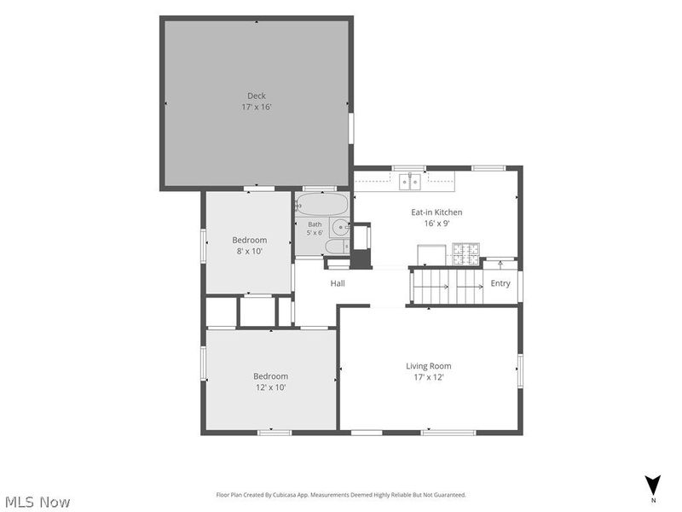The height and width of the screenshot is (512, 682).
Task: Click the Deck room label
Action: point(257,96)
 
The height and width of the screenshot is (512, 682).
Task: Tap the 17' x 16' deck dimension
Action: point(257,108)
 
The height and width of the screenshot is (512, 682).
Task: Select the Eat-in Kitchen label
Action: point(436,212)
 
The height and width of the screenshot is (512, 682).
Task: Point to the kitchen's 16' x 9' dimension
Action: point(436,224)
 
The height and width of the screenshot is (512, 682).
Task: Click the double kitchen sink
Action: point(410,182)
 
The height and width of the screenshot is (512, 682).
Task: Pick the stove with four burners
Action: point(465,254)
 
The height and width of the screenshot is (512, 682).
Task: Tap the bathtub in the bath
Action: point(322,204)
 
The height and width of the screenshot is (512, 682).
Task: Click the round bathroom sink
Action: point(340,227)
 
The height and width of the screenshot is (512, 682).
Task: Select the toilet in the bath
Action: point(338,247)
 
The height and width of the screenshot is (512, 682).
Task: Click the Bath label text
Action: point(315,224)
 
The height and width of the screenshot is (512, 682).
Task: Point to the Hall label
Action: point(338,283)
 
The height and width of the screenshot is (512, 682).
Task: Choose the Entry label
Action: point(500,283)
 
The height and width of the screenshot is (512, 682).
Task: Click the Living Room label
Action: point(429,366)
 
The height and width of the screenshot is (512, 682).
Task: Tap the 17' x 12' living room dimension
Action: point(429,377)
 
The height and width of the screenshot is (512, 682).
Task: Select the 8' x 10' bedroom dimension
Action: point(249,251)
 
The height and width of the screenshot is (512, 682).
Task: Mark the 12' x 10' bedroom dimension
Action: point(270,387)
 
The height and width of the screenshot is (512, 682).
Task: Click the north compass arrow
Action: point(652,485)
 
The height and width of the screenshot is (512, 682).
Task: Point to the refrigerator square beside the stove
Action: point(431,255)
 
